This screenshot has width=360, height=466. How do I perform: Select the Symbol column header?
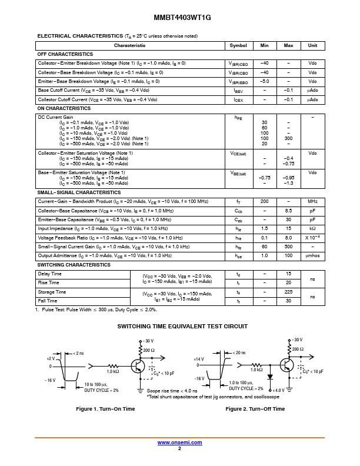pos(238,45)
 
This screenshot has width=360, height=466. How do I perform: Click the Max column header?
pos(288,45)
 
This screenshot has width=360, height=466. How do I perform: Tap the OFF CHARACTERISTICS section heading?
pos(65,54)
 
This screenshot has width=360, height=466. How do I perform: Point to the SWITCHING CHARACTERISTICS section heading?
pos(74,265)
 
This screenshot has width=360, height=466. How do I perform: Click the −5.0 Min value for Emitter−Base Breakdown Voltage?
pos(264,81)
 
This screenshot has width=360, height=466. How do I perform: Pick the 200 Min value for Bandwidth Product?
pos(264,201)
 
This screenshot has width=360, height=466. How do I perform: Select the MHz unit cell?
pos(312,201)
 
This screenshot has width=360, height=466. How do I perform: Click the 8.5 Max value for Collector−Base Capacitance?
pos(288,211)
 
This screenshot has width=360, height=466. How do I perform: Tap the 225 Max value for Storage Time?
pos(288,292)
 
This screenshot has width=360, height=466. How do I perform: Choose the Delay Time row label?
pos(49,274)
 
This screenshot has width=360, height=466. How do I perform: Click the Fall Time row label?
pos(48,301)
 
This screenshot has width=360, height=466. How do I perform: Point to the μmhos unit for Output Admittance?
pos(312,256)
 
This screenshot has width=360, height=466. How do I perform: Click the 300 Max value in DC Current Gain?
pos(288,138)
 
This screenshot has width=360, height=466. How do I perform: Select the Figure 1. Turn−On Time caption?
pos(106,409)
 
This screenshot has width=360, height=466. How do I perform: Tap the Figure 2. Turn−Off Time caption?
pos(255,409)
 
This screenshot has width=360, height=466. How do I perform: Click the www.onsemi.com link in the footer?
pos(179,442)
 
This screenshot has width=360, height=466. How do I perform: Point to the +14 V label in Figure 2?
pos(199,358)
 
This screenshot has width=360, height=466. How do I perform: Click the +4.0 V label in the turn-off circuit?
pos(279,390)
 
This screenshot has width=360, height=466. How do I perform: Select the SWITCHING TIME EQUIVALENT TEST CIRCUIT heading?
pos(182,326)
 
